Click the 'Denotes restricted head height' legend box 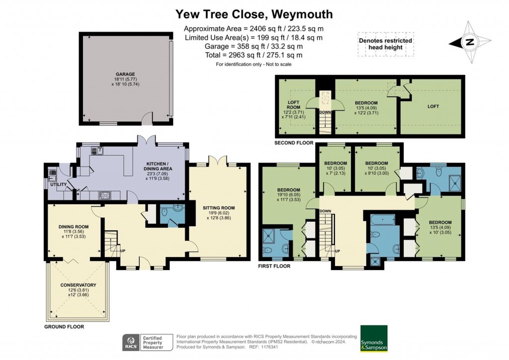(385, 44)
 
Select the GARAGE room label (126, 74)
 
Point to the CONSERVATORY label (78, 285)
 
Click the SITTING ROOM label (218, 208)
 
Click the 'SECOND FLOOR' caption (294, 143)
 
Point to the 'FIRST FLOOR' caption (274, 266)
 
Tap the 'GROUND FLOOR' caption (64, 327)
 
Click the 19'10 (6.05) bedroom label (288, 190)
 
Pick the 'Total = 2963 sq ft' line (254, 55)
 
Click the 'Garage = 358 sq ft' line (254, 46)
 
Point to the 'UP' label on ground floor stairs (122, 251)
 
